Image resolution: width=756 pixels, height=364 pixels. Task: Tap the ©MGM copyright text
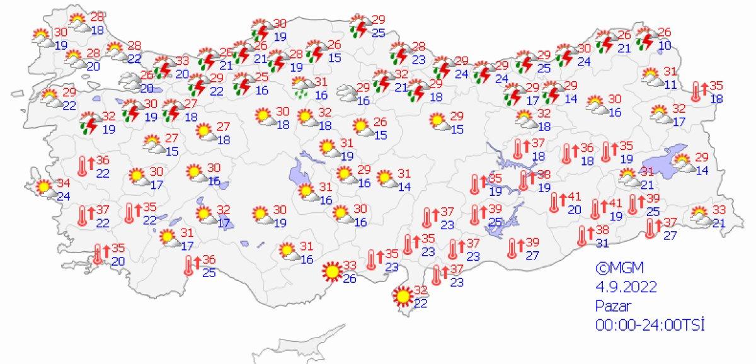click(616, 268)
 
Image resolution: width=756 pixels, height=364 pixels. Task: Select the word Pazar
click(612, 306)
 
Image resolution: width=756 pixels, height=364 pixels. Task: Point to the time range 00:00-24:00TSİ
click(649, 325)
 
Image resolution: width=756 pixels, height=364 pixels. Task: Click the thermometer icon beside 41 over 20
click(554, 202)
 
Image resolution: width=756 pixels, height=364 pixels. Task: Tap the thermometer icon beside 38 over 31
click(583, 236)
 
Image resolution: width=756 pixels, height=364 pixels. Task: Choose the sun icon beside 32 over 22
click(402, 295)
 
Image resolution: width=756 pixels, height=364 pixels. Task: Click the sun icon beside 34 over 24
click(43, 187)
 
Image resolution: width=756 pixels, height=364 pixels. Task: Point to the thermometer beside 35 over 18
click(696, 92)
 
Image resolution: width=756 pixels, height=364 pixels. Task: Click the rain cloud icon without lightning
click(302, 87)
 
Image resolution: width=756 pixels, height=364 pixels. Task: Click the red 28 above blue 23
click(419, 47)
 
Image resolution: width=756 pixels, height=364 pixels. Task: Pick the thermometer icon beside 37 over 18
click(518, 149)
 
